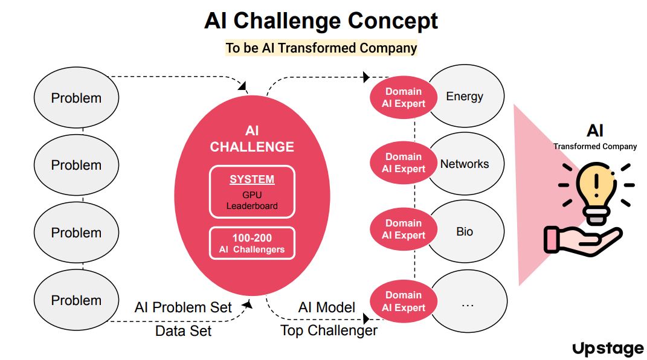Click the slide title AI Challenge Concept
321,21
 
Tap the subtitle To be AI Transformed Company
321,48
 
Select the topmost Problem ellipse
76,98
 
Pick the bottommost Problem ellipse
76,300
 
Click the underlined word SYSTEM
252,179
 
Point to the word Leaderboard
252,206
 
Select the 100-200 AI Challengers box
252,243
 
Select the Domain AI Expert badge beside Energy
404,97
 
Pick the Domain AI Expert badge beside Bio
404,229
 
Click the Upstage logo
607,349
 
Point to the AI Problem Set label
183,307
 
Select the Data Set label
183,331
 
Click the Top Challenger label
329,330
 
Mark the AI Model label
326,307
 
